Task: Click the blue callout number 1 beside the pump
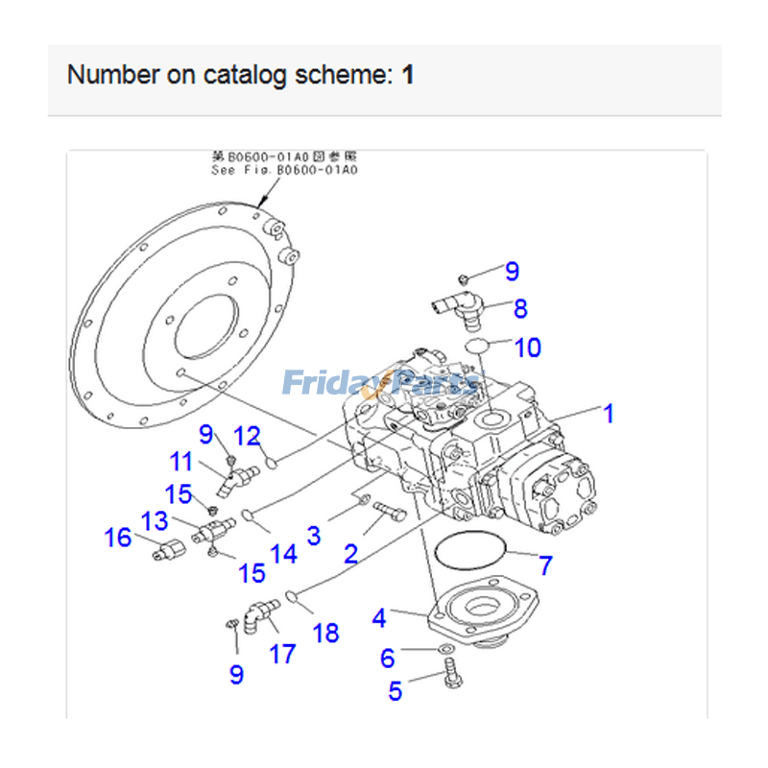(x=608, y=414)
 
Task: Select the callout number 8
(x=519, y=308)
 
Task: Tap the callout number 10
(x=528, y=348)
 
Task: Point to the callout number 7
(x=545, y=565)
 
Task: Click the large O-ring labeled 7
(x=468, y=553)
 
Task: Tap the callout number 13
(x=154, y=521)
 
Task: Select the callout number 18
(x=326, y=634)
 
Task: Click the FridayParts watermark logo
(x=380, y=384)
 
